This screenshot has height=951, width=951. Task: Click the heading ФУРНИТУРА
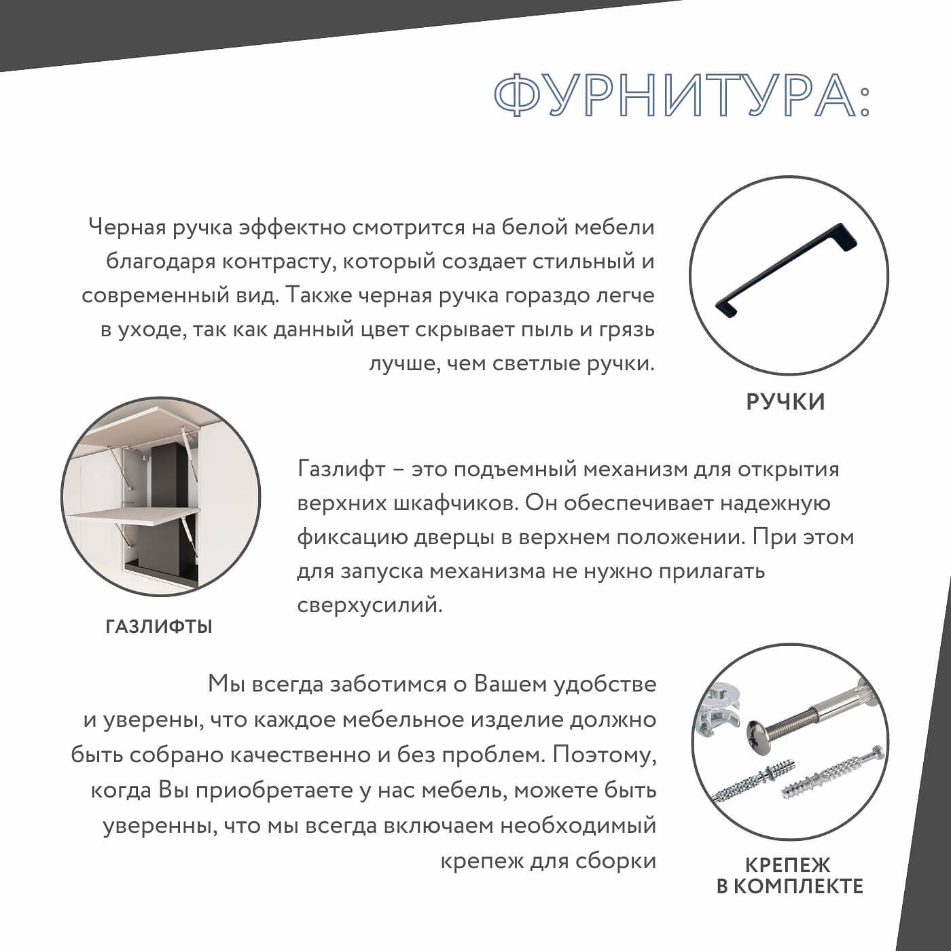[672, 95]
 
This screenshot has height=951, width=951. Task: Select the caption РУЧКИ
[785, 401]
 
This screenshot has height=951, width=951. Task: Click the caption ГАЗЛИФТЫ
[159, 626]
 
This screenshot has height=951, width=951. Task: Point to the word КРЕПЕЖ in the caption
[788, 865]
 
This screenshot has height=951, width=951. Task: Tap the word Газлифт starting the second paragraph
[341, 469]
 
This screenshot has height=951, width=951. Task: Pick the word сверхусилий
[370, 605]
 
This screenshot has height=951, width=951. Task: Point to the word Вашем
[509, 684]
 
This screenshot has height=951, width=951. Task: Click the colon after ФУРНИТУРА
[863, 96]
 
